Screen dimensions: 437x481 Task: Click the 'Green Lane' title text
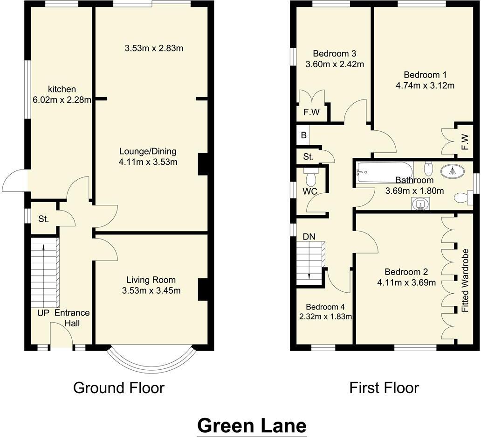252,425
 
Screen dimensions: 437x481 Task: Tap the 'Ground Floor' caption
119,388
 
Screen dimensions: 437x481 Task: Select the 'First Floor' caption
384,388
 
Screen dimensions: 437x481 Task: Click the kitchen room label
62,89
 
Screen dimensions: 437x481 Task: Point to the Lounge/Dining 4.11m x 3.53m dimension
148,162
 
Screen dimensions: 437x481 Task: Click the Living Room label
151,280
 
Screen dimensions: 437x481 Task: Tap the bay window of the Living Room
150,362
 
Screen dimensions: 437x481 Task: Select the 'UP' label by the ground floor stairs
43,313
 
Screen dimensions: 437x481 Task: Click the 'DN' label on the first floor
309,237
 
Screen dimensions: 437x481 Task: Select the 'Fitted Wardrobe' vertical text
464,281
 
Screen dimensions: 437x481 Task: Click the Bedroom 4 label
325,307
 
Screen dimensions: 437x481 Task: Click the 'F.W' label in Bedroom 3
312,113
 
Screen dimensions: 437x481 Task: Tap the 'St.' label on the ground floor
43,218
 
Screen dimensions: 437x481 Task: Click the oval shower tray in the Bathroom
452,171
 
